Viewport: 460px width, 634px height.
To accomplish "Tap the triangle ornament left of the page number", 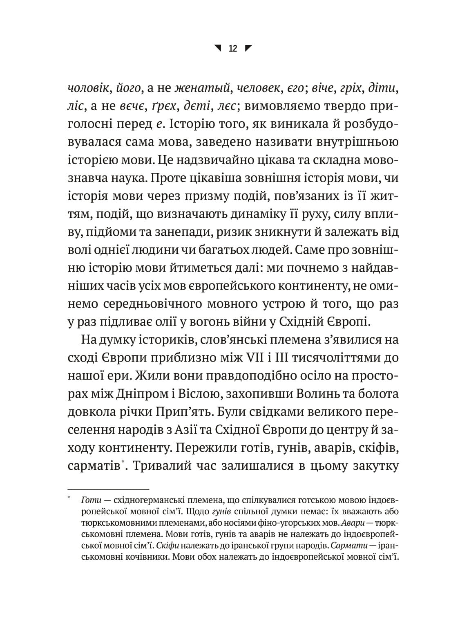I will (x=218, y=48).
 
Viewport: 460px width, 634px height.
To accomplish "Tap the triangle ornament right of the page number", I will (x=248, y=48).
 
